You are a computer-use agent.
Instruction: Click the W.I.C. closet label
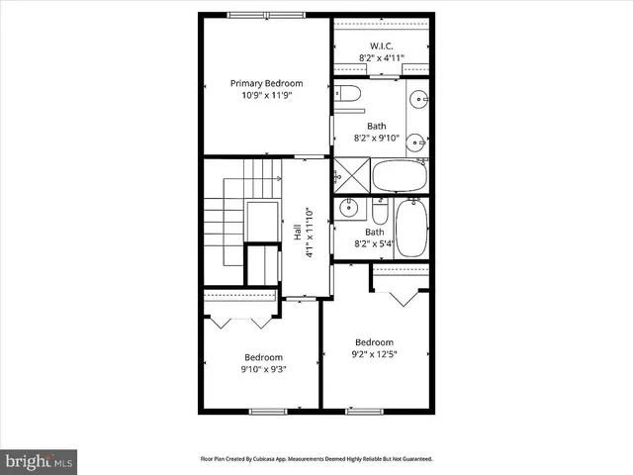[x=381, y=47]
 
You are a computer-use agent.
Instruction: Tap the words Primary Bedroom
[x=266, y=83]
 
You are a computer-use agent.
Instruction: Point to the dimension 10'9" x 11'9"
[x=266, y=96]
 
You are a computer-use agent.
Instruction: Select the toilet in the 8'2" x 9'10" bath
[x=346, y=94]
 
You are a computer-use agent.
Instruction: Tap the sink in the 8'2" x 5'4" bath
[x=348, y=208]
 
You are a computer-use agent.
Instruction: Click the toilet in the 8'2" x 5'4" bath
[x=380, y=212]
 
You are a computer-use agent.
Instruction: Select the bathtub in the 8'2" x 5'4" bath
[x=410, y=229]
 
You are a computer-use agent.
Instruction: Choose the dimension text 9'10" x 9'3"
[x=264, y=370]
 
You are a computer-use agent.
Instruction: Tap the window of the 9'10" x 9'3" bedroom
[x=267, y=410]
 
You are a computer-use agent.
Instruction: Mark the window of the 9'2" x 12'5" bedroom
[x=364, y=410]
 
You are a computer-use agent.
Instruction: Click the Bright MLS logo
[x=39, y=461]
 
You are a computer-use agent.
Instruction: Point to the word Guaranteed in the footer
[x=414, y=459]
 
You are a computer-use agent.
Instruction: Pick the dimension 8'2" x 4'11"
[x=381, y=58]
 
